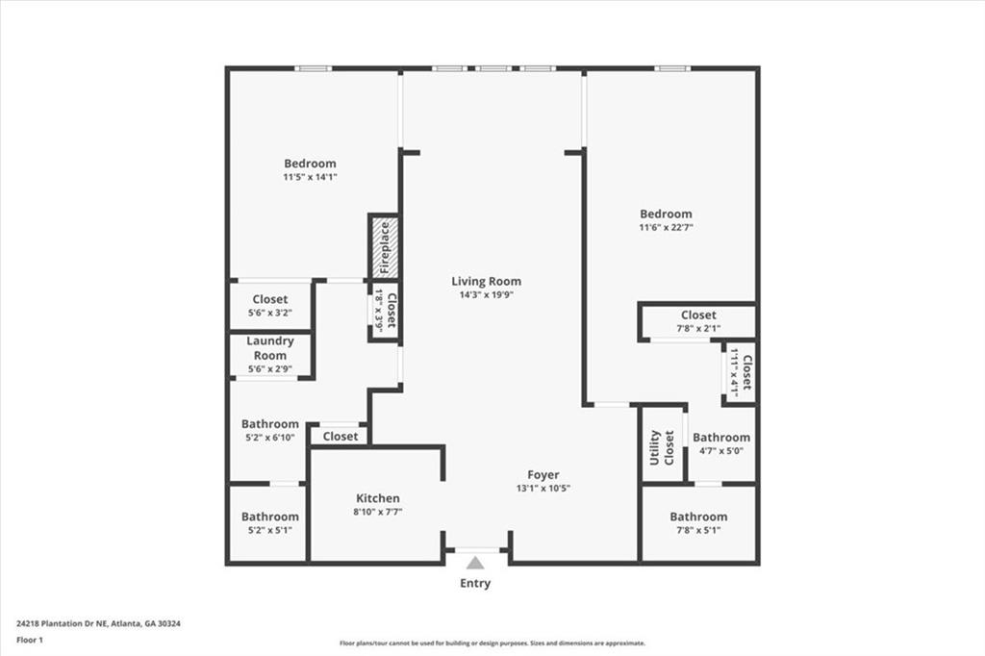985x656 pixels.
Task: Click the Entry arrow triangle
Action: [475, 563]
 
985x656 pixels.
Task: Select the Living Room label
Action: [486, 282]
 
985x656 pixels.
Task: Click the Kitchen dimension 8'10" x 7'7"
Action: [377, 512]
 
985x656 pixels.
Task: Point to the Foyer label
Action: [543, 475]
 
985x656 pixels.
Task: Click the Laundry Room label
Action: [270, 348]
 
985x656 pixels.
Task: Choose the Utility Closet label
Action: [661, 447]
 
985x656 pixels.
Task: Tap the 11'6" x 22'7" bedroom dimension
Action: [666, 227]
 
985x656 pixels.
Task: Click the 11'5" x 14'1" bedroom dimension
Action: [310, 177]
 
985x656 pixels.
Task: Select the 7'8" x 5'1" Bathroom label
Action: [698, 517]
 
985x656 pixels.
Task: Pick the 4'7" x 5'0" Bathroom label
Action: [721, 438]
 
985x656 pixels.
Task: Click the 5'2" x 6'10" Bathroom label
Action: [270, 424]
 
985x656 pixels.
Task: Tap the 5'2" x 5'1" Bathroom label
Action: [270, 517]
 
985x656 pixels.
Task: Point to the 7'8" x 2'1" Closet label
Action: [698, 315]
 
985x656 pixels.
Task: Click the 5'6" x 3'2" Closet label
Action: [270, 300]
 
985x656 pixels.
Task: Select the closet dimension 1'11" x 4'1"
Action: [733, 372]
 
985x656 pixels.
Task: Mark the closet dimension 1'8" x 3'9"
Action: [379, 311]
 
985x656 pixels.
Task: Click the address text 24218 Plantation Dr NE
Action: [63, 624]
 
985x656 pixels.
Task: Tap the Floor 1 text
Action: [30, 641]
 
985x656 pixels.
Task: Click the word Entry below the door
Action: [475, 584]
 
